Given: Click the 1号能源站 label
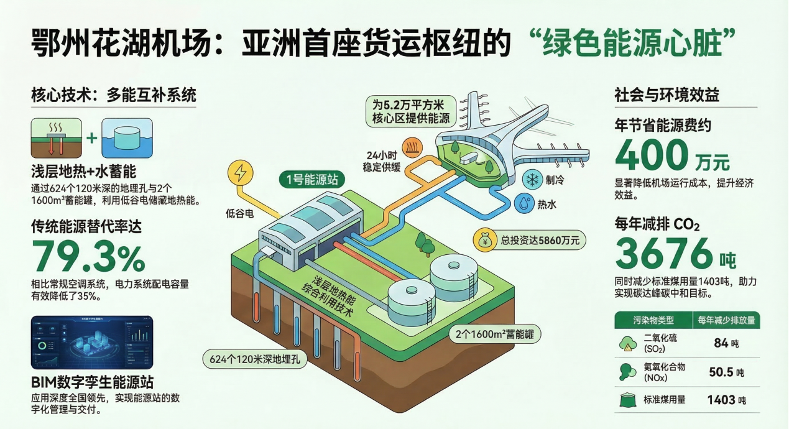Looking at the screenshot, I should (312, 180).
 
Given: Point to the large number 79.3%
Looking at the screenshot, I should (88, 256).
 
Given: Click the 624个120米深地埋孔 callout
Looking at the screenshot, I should (255, 358).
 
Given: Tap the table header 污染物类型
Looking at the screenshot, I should (653, 321).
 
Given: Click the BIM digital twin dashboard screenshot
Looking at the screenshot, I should (91, 343).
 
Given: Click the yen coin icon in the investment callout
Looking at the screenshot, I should (485, 239).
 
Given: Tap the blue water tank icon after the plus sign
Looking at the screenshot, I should (127, 138).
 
